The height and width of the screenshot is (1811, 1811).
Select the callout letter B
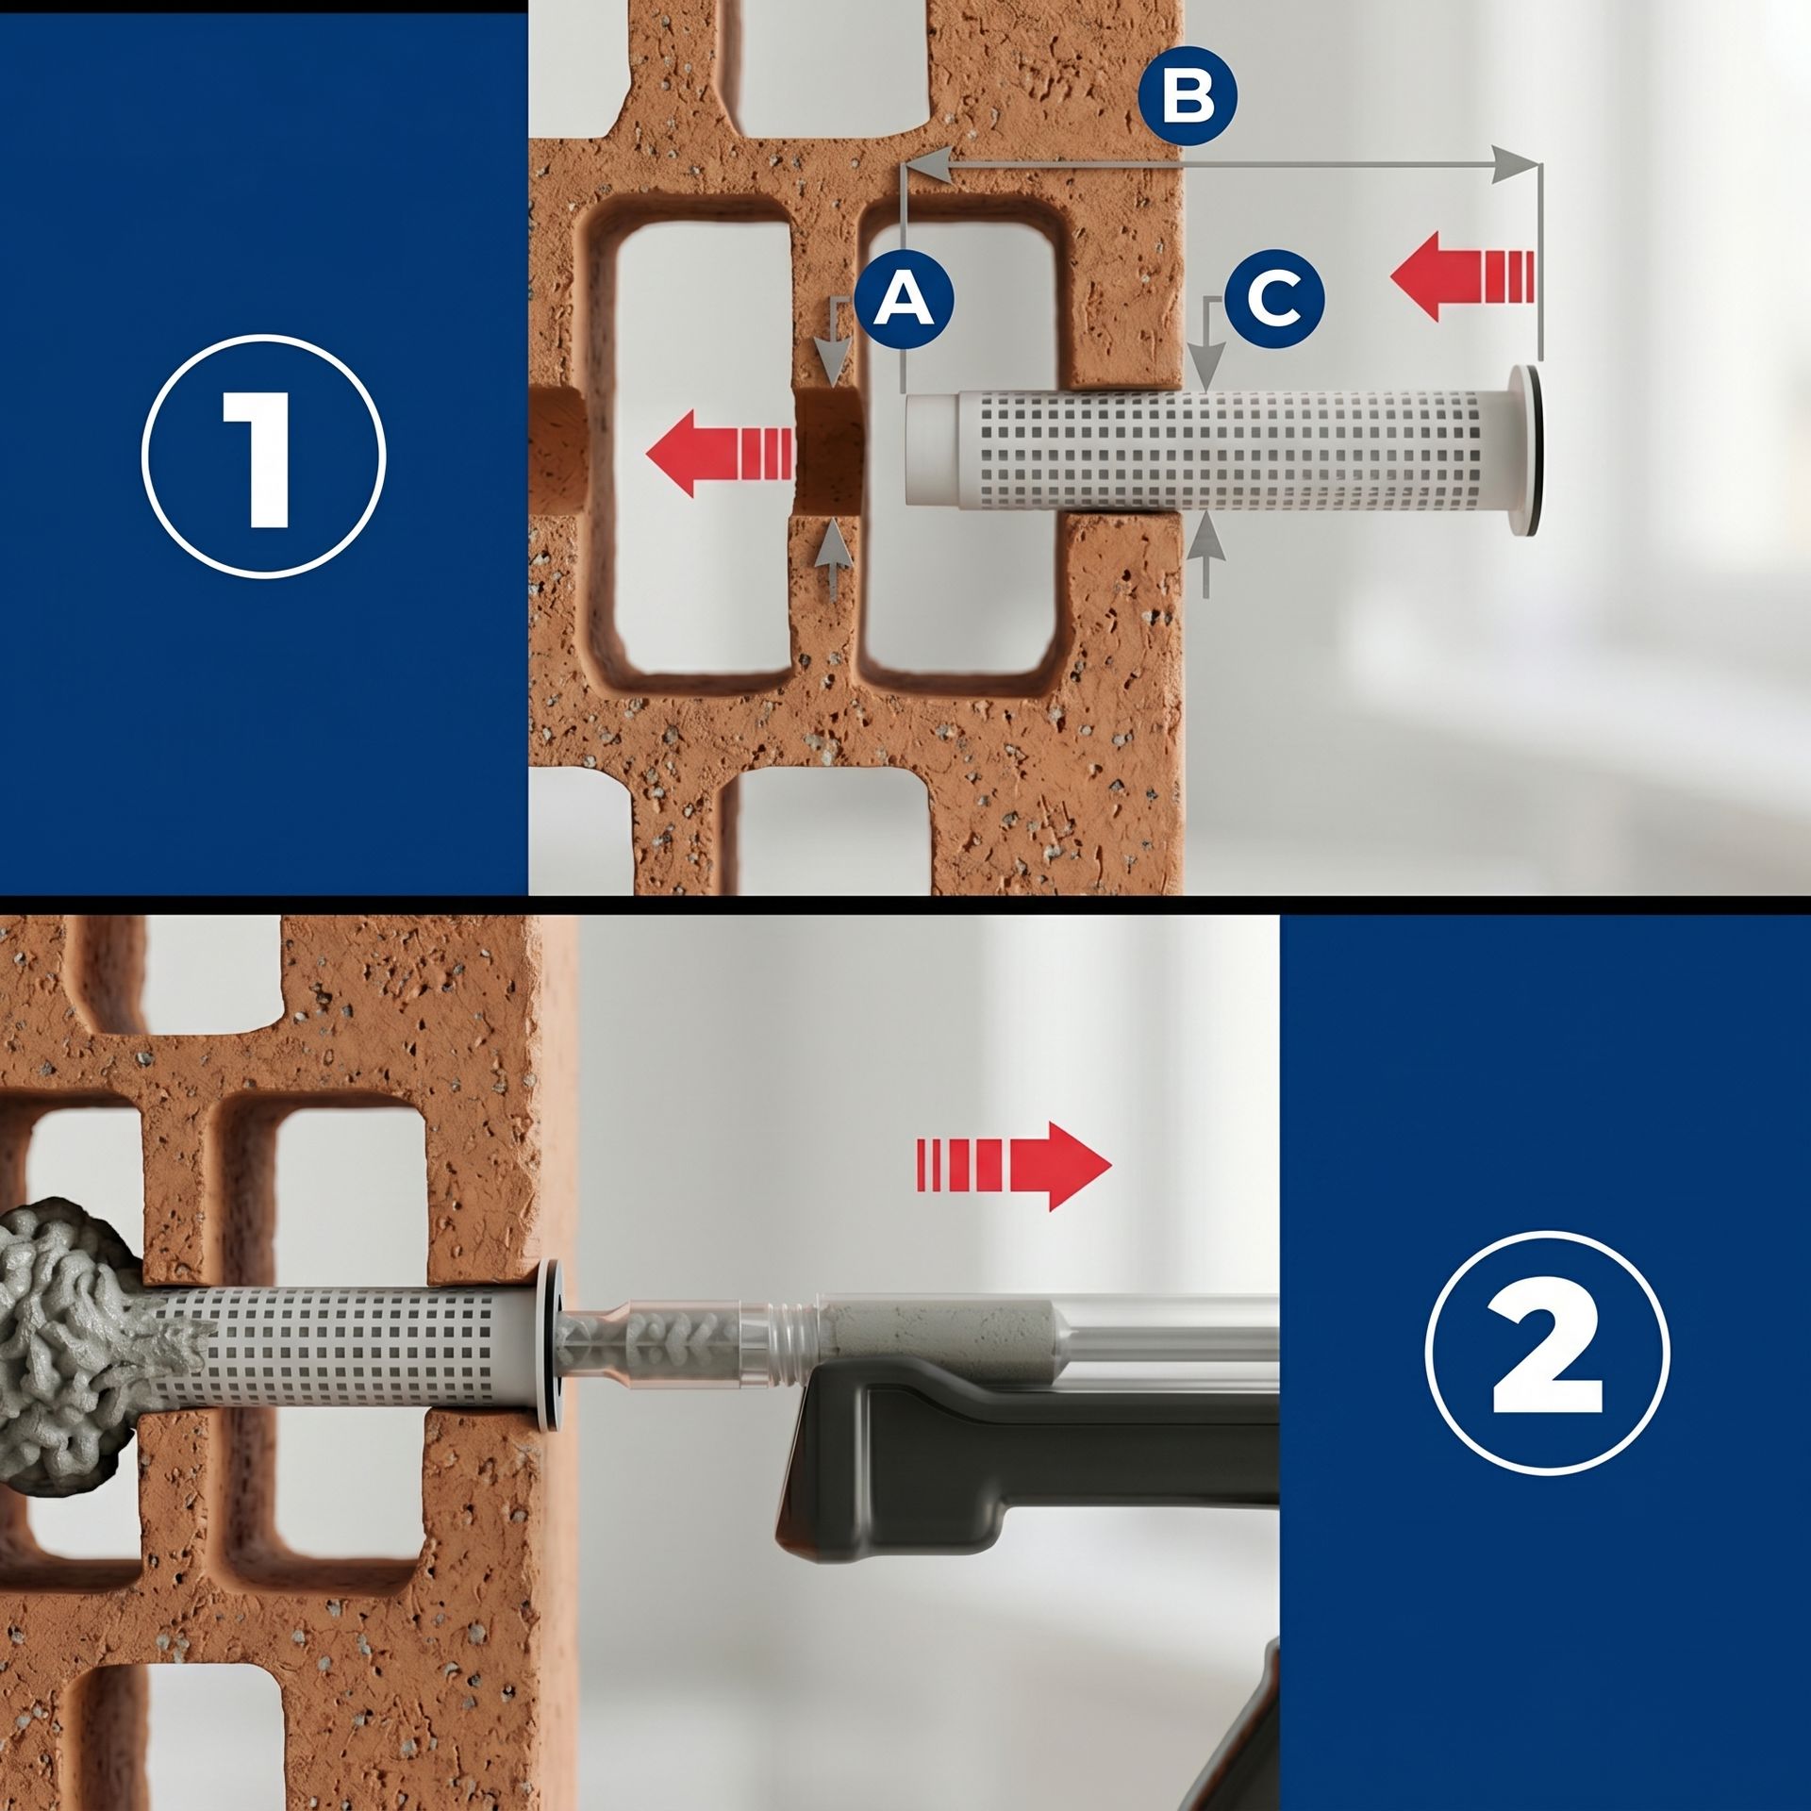[1187, 97]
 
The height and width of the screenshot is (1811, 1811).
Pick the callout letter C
[1274, 299]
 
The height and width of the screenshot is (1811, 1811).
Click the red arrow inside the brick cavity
[719, 453]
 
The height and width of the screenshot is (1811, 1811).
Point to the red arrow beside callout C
[1461, 277]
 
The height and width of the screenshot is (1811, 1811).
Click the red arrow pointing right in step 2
[1014, 1167]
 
